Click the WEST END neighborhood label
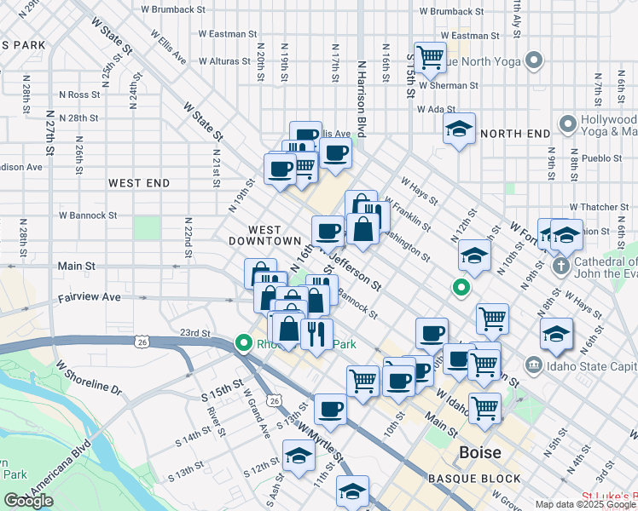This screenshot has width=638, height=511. (139, 183)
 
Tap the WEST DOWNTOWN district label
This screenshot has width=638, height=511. (275, 236)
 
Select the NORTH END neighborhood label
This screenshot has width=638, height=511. (515, 134)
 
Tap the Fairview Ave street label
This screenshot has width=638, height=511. (90, 298)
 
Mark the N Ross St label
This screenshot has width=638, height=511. (79, 95)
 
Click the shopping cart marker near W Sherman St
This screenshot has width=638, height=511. (431, 57)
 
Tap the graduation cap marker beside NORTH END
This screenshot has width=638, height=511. (459, 129)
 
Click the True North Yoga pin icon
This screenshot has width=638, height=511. (534, 60)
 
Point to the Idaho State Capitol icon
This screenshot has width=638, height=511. (534, 365)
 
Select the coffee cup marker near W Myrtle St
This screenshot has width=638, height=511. (330, 409)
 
